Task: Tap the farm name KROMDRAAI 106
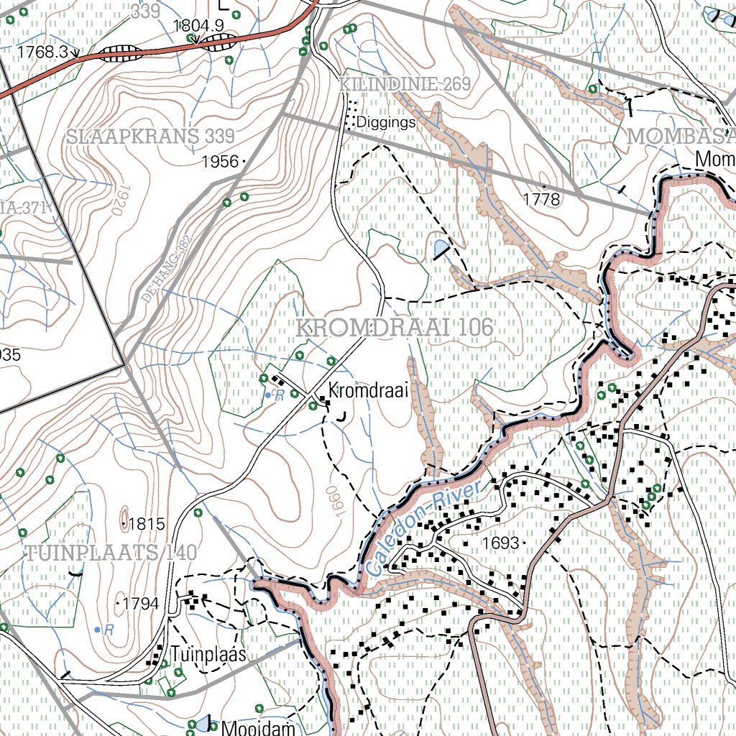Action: click(395, 328)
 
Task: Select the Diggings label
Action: click(385, 123)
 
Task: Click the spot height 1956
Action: click(220, 162)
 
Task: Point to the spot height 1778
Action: click(543, 200)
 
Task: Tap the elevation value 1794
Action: click(140, 604)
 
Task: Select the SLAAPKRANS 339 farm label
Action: click(151, 137)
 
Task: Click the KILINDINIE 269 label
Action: click(405, 85)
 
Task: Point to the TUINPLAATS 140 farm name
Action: click(111, 553)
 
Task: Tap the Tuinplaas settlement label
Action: click(208, 655)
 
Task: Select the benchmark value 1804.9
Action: click(199, 26)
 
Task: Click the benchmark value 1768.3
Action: click(42, 52)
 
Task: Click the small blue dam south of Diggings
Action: click(440, 249)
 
